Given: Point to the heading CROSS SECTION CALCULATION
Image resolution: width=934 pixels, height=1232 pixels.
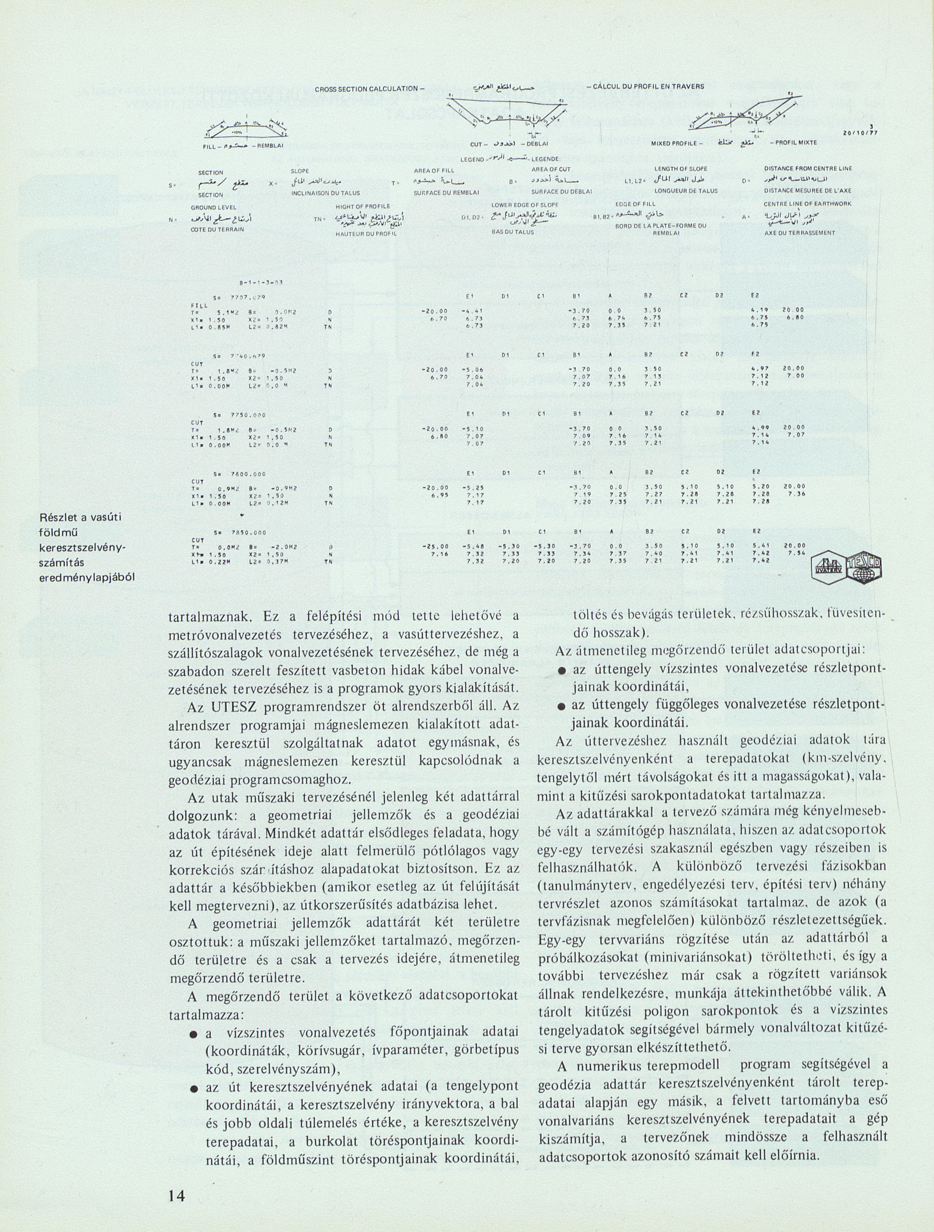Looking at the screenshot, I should point(367,89).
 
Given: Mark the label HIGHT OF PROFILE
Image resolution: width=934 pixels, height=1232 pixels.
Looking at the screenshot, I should point(357,206).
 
